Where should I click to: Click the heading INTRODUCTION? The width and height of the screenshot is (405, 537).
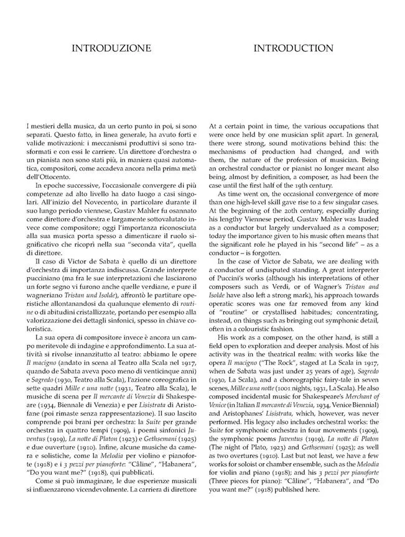point(293,48)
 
